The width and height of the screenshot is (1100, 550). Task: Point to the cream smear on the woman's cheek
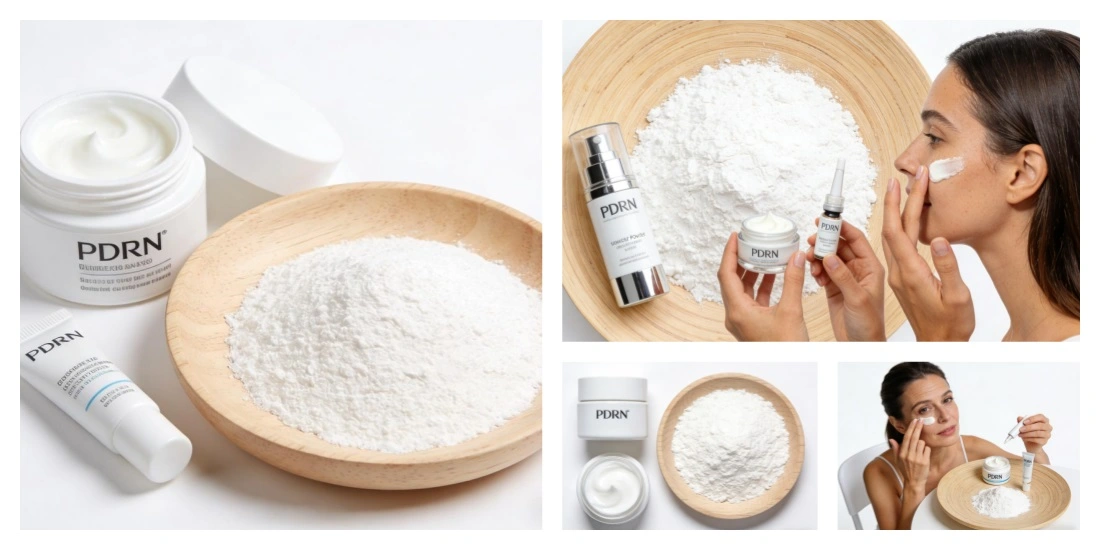tap(945, 168)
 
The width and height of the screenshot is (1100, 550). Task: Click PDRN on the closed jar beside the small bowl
tap(612, 413)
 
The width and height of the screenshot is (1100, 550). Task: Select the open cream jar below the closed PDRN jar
tap(612, 489)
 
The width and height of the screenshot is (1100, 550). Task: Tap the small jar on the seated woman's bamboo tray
tap(995, 469)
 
